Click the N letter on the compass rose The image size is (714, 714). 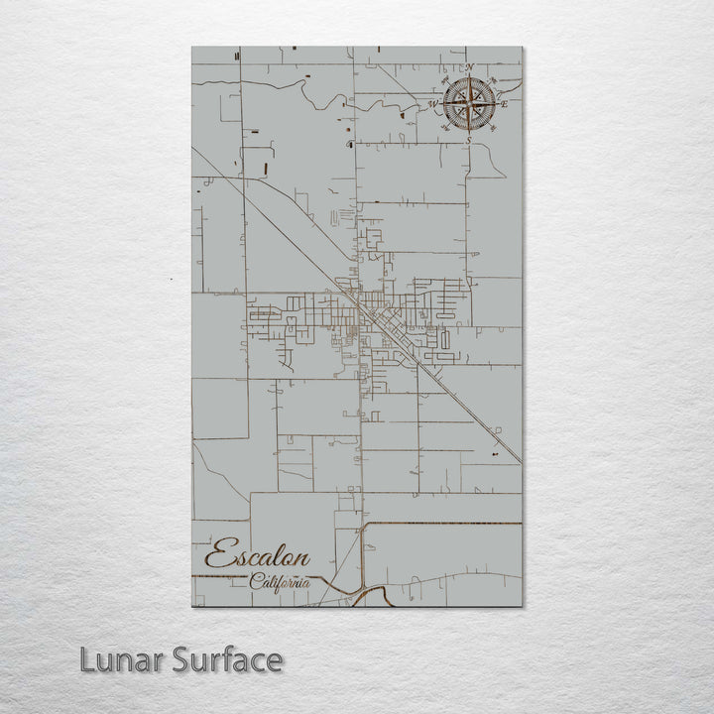tap(469, 68)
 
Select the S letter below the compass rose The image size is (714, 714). tap(468, 141)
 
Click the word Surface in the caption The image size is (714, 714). tap(223, 659)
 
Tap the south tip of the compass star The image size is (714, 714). tap(468, 133)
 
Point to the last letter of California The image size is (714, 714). tap(304, 583)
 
